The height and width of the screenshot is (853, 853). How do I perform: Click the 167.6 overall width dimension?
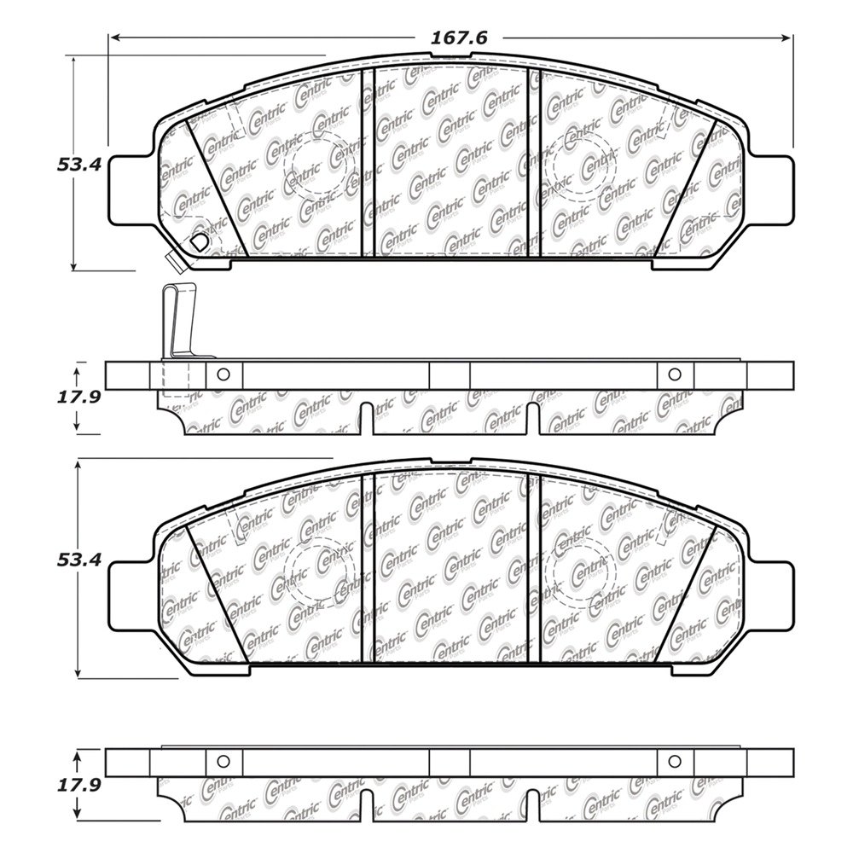click(459, 38)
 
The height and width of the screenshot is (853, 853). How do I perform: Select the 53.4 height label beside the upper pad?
click(78, 165)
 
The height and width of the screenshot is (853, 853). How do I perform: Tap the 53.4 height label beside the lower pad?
click(78, 560)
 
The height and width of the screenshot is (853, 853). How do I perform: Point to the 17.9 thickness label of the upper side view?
click(78, 397)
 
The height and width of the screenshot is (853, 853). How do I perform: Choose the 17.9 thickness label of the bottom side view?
click(78, 785)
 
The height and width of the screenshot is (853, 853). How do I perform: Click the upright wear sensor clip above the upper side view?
click(177, 322)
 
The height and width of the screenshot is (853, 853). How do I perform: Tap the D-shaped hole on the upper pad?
click(199, 242)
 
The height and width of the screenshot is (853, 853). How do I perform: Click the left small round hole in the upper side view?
click(223, 374)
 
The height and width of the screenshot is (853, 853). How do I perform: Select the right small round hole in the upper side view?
click(675, 374)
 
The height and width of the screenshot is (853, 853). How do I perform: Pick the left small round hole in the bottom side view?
click(223, 762)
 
